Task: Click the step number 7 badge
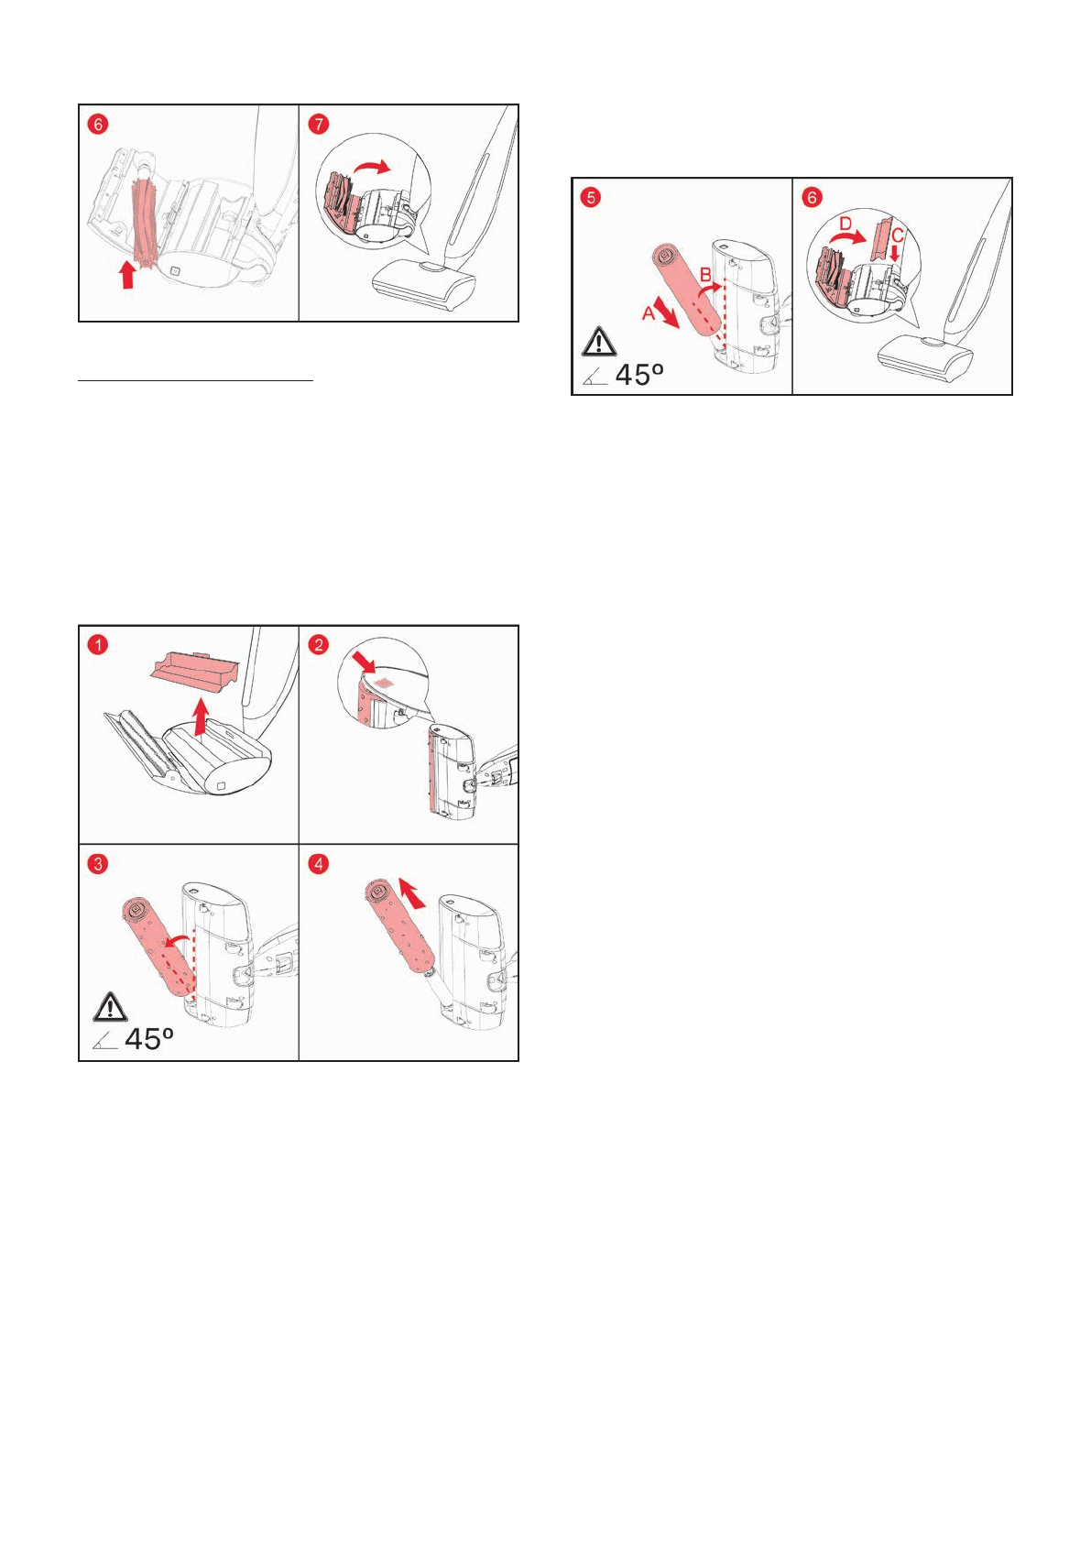click(318, 125)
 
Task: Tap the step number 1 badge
click(99, 645)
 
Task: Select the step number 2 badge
click(318, 645)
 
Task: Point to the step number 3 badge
click(99, 864)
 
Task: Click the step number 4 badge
click(318, 864)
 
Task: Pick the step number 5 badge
click(591, 198)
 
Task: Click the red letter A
click(649, 313)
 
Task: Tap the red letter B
click(705, 275)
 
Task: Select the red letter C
click(897, 235)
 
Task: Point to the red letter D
click(846, 224)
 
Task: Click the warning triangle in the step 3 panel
click(110, 1007)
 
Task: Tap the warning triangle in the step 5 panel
click(599, 342)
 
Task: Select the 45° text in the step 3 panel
click(148, 1039)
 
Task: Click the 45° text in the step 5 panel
click(639, 375)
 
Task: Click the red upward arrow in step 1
click(201, 717)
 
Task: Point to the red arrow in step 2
click(363, 662)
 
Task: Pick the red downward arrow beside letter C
click(895, 253)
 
